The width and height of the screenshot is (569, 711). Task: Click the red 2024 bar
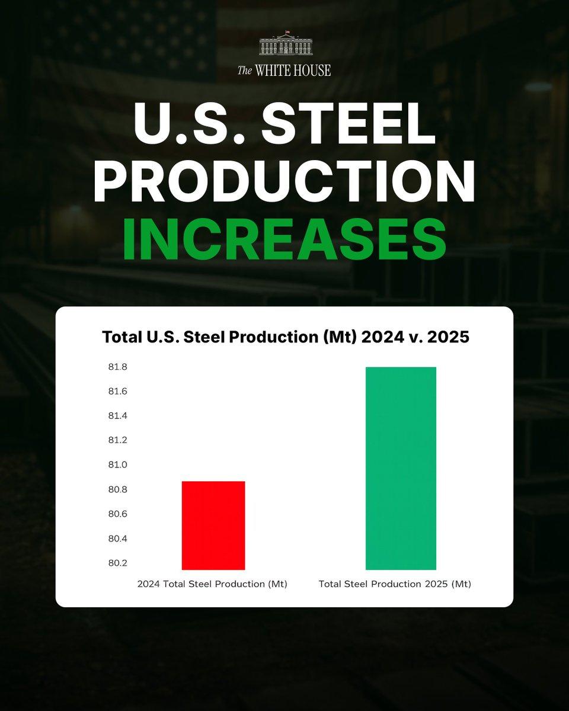click(213, 526)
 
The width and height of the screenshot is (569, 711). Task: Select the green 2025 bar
click(401, 468)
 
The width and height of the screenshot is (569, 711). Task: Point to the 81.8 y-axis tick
click(117, 367)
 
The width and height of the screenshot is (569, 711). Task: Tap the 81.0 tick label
click(117, 465)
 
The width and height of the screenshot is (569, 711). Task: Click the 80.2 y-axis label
click(117, 563)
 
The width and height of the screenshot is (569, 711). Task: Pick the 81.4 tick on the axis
click(117, 416)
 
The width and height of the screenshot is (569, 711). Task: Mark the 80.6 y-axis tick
click(117, 514)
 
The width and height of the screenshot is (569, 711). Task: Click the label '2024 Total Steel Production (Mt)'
click(212, 584)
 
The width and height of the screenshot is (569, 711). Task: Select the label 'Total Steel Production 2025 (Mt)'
click(395, 584)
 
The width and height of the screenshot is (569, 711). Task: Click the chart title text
click(285, 337)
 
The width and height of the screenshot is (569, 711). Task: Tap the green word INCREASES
click(284, 241)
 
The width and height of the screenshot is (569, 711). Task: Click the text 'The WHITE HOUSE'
click(284, 71)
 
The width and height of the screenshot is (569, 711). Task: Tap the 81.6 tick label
click(117, 392)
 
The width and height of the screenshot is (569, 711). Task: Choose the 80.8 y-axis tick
click(117, 489)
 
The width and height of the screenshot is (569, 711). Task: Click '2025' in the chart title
click(445, 337)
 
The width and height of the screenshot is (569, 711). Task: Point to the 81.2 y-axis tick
click(117, 440)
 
